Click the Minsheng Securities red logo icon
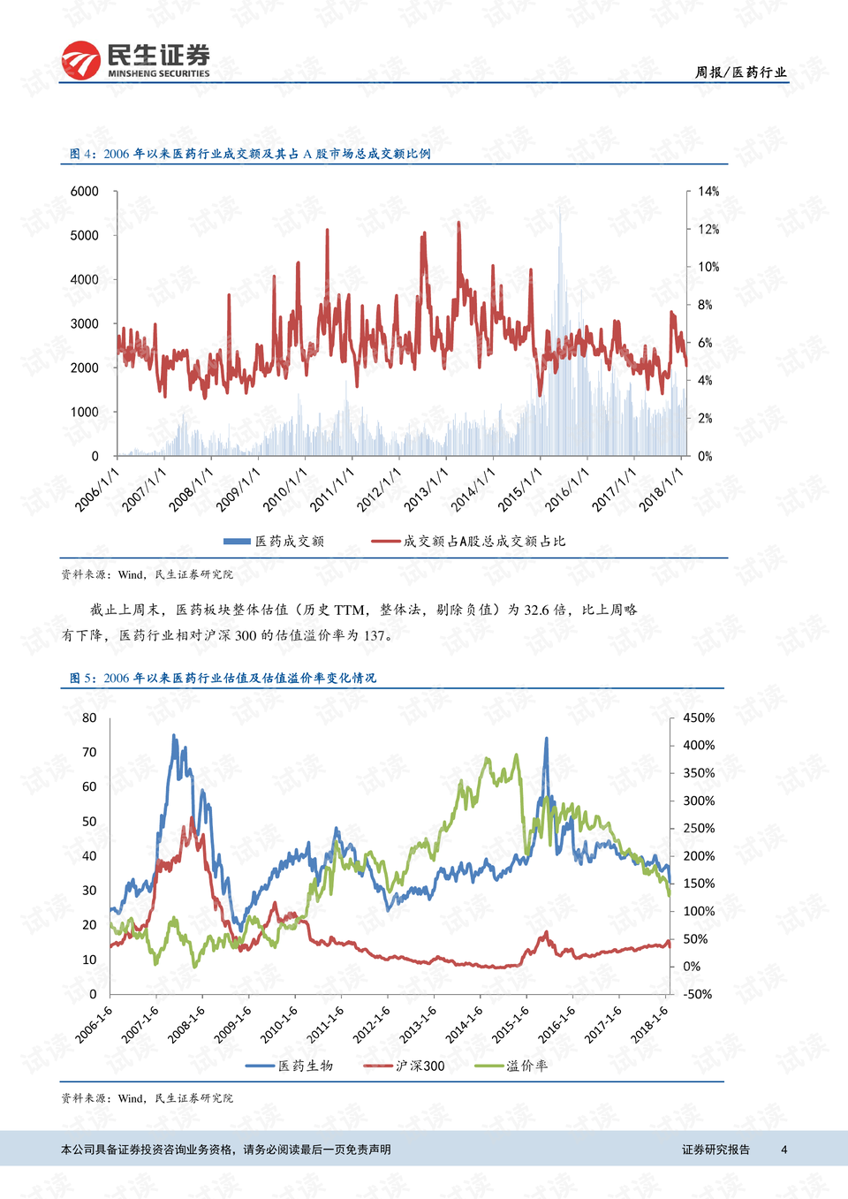point(80,60)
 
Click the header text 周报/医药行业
point(739,72)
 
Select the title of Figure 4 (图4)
point(250,154)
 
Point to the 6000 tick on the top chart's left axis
point(85,192)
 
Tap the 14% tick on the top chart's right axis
point(708,192)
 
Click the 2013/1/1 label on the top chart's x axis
point(426,489)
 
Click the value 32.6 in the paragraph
point(536,610)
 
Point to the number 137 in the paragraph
point(375,635)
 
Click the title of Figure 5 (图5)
point(223,678)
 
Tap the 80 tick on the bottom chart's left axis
point(89,718)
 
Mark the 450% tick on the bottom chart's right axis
point(699,718)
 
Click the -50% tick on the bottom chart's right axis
point(697,994)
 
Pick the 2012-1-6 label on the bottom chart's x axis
point(372,1024)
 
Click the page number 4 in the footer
point(784,1150)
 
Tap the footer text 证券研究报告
point(715,1150)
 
